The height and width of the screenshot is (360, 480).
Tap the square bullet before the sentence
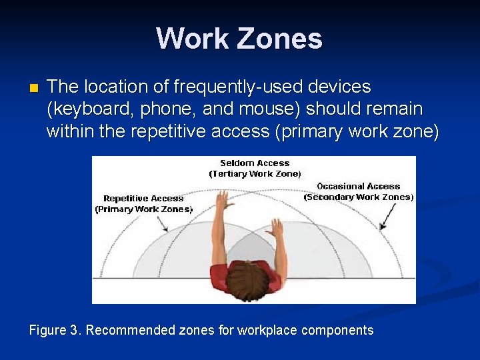coord(34,88)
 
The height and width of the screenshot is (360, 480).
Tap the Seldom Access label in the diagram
coord(255,163)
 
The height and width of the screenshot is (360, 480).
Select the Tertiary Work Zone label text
coord(255,174)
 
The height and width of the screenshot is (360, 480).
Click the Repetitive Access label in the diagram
coord(143,198)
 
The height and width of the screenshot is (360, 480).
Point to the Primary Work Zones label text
coord(143,209)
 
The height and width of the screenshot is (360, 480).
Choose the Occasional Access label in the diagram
coord(359,186)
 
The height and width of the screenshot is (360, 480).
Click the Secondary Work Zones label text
coord(359,197)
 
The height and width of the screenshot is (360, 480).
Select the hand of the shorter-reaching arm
coord(275,228)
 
